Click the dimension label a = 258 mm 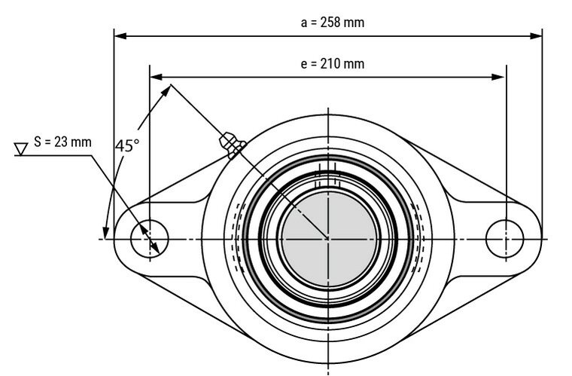click(x=332, y=23)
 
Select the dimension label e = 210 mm click(x=332, y=64)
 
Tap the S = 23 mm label click(x=63, y=142)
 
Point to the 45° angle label click(x=127, y=145)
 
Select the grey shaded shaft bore click(x=327, y=239)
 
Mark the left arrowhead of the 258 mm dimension click(x=120, y=35)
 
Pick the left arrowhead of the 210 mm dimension click(x=156, y=76)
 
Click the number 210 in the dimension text click(x=332, y=64)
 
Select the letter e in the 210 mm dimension click(x=303, y=65)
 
